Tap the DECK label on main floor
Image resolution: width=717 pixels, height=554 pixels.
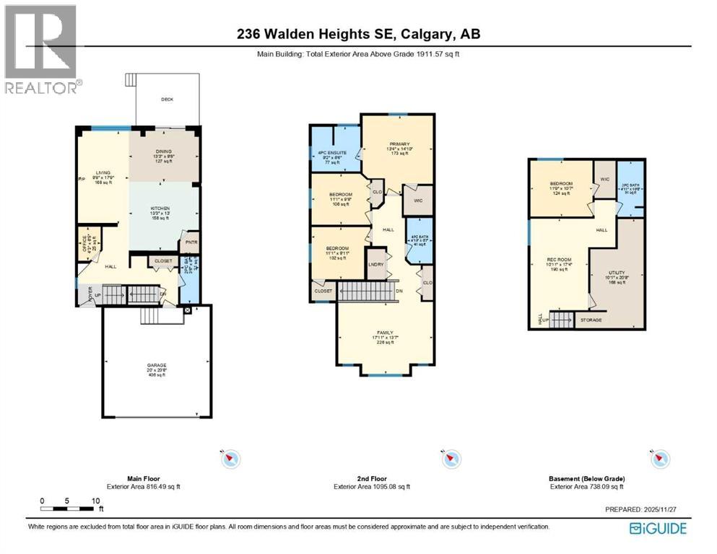click(167, 100)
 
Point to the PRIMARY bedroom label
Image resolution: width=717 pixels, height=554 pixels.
click(398, 143)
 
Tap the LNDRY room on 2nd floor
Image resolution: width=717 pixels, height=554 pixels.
click(375, 265)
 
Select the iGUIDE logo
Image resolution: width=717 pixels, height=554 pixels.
click(658, 528)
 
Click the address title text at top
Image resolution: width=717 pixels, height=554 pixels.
click(359, 33)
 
